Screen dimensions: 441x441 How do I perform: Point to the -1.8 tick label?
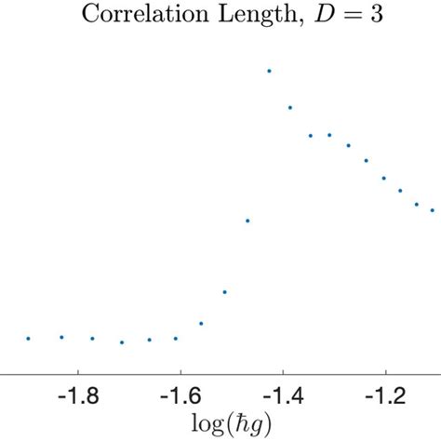(78, 397)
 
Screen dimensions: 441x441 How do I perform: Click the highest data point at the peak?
(269, 71)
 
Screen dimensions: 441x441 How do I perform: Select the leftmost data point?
(28, 339)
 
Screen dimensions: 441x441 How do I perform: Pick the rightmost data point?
(433, 210)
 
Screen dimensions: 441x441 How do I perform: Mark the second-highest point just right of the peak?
(290, 108)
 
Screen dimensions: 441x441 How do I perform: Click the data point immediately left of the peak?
(247, 220)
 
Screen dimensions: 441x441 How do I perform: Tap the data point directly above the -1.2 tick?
(383, 178)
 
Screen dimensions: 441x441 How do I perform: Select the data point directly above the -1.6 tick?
(176, 339)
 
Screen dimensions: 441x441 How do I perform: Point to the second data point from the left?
(61, 337)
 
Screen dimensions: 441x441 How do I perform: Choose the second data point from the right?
(417, 204)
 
